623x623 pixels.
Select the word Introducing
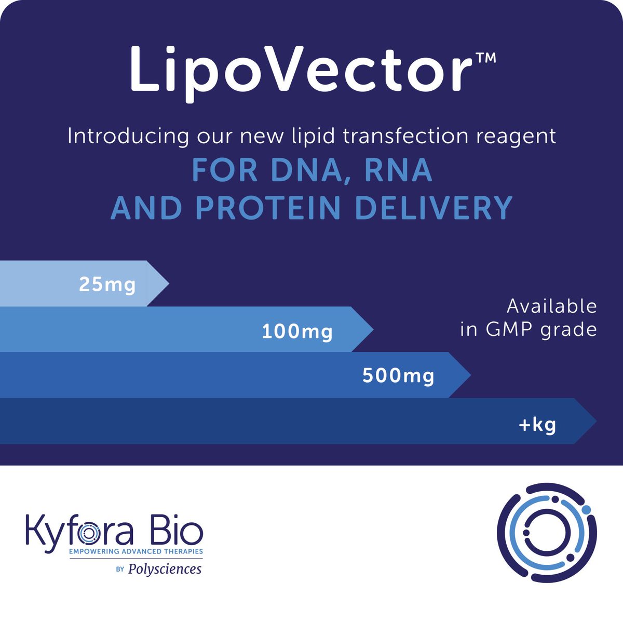pos(128,136)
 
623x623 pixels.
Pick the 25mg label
pos(107,285)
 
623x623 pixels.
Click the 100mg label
pos(297,331)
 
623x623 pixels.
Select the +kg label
pos(537,425)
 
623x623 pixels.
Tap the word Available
pos(551,306)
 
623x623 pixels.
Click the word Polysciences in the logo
pos(165,569)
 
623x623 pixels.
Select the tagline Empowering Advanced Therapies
pos(136,551)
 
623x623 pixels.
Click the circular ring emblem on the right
pos(547,533)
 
